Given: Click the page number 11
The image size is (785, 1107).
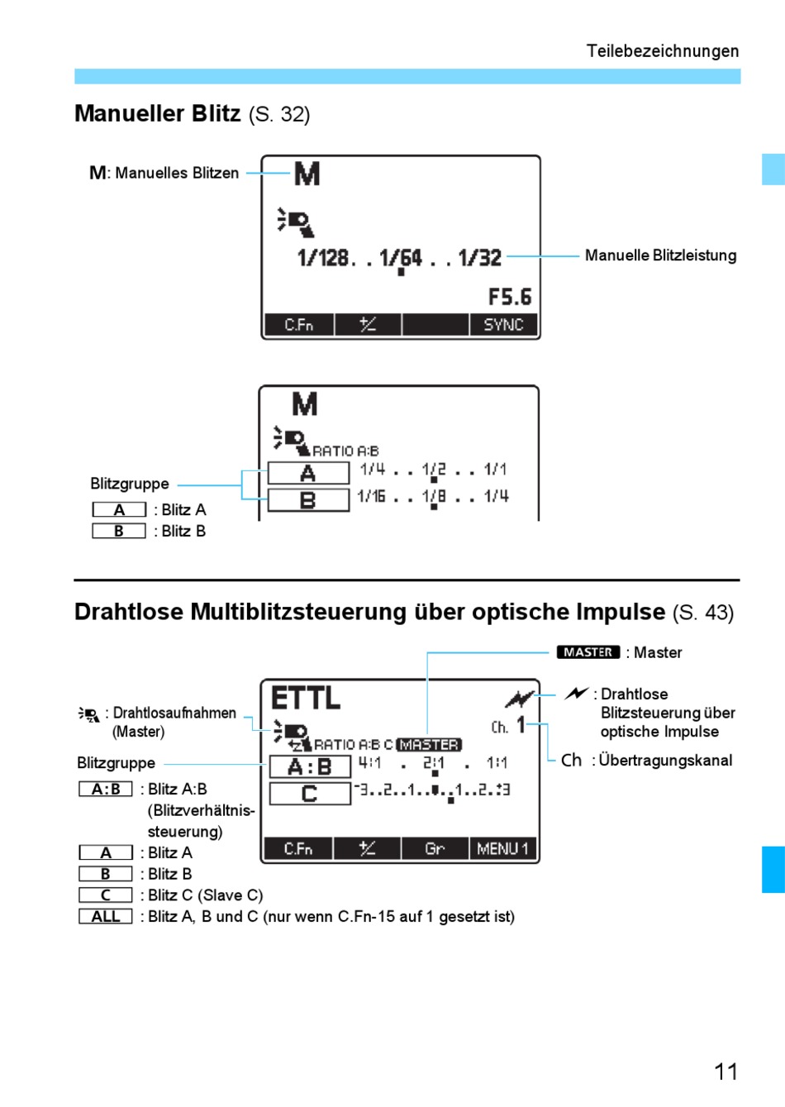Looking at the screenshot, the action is pos(726,1071).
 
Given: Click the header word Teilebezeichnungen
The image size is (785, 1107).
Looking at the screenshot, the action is pos(663,51).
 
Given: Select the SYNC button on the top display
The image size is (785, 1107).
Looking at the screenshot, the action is pos(503,325).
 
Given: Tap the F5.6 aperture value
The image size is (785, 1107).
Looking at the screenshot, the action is pos(510,297).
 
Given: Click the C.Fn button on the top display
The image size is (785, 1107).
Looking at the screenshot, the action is pos(298,325).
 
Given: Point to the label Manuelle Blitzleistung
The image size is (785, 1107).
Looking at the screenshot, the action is pos(660,255).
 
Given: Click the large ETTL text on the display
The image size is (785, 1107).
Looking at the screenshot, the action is pos(305,699).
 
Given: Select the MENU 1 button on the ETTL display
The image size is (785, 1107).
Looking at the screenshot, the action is pos(502,849).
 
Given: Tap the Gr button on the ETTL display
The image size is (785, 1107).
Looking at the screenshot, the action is pos(435,849).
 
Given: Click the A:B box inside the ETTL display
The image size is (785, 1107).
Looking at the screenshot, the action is pos(310,767).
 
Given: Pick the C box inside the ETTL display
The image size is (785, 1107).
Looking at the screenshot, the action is pos(310,794).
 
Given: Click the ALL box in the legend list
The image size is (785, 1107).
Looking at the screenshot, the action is pos(106,916).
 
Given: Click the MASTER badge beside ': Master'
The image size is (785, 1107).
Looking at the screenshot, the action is pos(588,652).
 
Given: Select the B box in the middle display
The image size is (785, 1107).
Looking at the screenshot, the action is pos(308,500).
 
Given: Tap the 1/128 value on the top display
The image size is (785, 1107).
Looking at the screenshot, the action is pos(323,258).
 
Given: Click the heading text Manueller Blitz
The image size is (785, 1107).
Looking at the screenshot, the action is pos(157,113).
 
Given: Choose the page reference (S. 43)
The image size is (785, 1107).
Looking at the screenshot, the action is pos(703,613).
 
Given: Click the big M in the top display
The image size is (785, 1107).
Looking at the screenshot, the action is pos(307,174).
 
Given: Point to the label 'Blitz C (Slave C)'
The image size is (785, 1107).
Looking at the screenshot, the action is pos(205,895).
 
